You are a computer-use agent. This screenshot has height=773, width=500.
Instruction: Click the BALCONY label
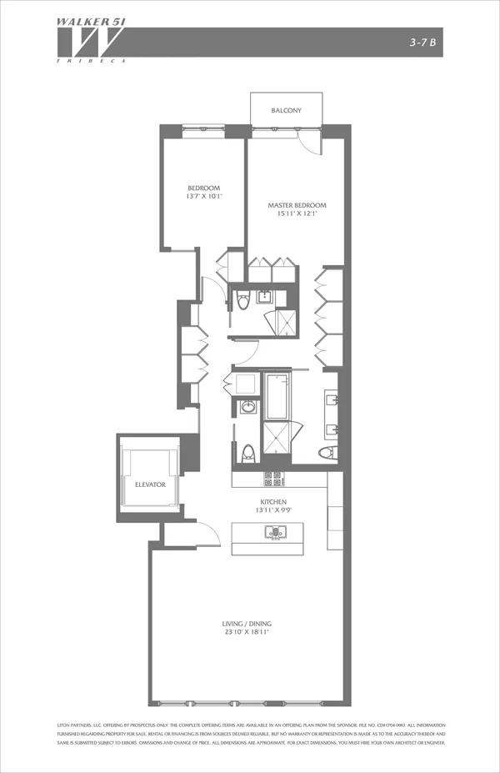[x=286, y=111]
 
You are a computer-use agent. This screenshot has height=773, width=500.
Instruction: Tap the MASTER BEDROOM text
[x=297, y=205]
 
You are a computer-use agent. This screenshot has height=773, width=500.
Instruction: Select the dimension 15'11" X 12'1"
[x=297, y=214]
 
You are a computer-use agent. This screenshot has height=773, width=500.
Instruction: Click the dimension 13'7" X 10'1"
[x=203, y=197]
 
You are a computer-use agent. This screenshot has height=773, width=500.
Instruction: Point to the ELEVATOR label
[x=151, y=484]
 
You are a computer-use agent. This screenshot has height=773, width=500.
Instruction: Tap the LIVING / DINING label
[x=247, y=624]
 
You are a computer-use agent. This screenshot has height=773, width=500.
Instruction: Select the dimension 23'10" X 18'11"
[x=247, y=633]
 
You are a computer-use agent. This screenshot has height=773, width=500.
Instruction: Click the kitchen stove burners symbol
[x=272, y=479]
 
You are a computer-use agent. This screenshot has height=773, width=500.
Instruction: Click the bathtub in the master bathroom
[x=275, y=396]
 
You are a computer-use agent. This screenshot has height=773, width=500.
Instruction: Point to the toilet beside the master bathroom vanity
[x=327, y=453]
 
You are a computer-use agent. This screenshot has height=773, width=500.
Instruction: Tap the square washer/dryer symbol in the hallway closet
[x=247, y=384]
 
